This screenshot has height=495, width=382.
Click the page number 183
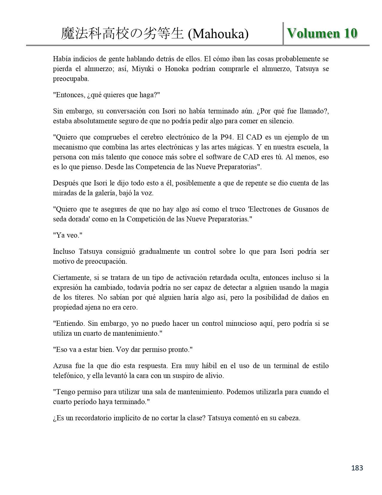357,468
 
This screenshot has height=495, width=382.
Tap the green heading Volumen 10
322,33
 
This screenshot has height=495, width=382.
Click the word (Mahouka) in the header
218,34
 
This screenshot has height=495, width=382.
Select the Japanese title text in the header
122,34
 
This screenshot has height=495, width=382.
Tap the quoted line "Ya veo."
68,235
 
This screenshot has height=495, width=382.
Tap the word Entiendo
70,323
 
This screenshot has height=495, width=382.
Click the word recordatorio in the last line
92,418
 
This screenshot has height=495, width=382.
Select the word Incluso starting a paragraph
64,251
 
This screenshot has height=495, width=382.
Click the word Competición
145,219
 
